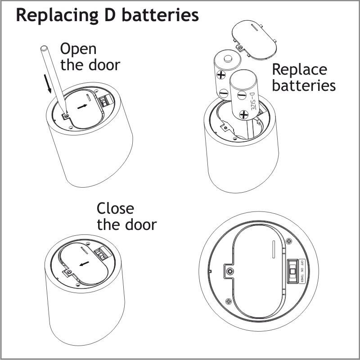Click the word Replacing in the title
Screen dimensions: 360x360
pos(54,15)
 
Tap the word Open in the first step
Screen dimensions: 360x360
pos(78,49)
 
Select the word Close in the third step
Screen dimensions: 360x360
pos(115,209)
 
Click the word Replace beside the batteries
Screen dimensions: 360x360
pos(299,70)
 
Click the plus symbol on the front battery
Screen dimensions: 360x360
pos(243,115)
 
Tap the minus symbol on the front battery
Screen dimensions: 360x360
pos(241,95)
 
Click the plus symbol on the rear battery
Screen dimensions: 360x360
pos(221,75)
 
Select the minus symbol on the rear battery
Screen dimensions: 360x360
pos(224,93)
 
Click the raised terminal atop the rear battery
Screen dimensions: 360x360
pos(228,58)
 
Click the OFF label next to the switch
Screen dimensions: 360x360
pos(302,263)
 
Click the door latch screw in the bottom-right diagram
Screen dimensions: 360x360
pos(230,271)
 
